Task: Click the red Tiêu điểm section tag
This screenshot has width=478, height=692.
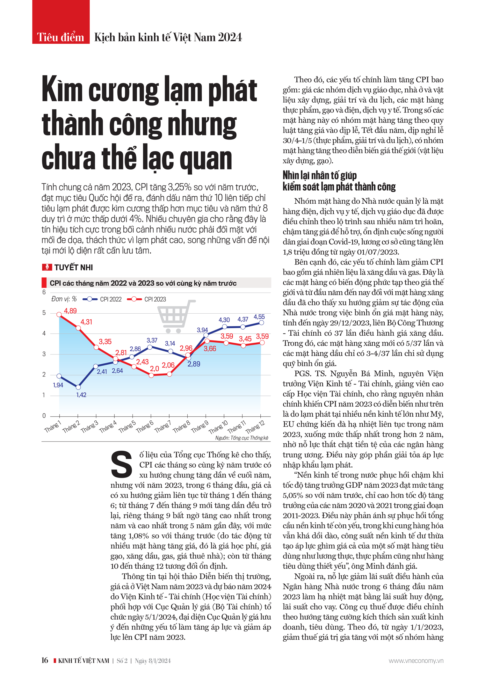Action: [x=61, y=37]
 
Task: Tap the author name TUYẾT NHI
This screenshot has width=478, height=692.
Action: [x=73, y=267]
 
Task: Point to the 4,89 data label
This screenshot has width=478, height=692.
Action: [x=70, y=311]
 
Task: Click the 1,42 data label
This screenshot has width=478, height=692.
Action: [x=81, y=395]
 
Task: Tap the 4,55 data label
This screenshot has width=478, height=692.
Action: [x=259, y=317]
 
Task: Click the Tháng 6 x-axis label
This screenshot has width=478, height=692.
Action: [x=145, y=427]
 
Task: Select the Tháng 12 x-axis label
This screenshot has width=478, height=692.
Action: [x=255, y=427]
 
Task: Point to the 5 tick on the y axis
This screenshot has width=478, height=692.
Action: [x=44, y=313]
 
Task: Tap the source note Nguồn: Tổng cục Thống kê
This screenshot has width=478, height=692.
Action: [x=242, y=438]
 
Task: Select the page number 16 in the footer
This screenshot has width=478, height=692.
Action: [x=45, y=660]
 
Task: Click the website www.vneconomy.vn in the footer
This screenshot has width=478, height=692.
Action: [x=416, y=660]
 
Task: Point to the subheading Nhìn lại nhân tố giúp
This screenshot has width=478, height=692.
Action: [x=320, y=175]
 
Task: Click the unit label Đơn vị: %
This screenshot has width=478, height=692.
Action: [x=64, y=299]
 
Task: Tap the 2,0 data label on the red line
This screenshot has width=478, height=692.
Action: [x=155, y=369]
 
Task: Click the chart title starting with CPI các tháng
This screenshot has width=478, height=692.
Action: [x=143, y=283]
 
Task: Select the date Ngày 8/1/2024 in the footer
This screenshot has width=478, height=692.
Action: [x=153, y=660]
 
